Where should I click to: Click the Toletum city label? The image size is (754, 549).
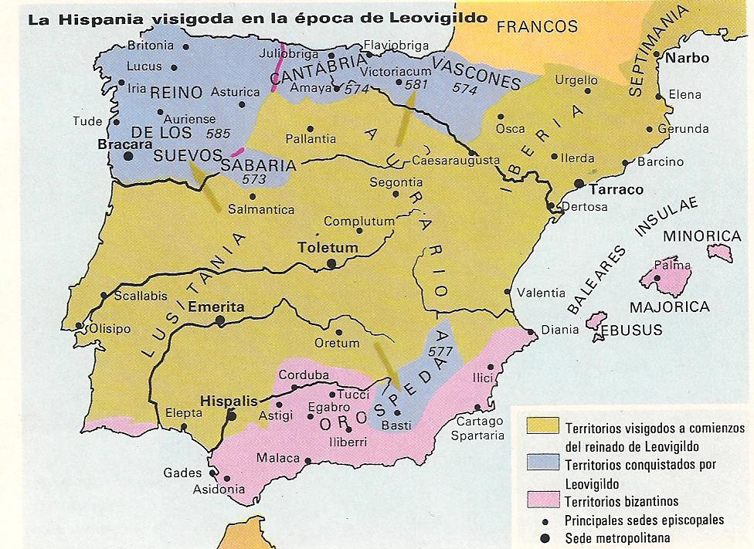328,249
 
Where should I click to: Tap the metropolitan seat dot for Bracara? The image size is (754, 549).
128,155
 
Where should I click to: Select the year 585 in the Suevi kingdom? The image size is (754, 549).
219,133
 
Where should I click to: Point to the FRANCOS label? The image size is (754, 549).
537,27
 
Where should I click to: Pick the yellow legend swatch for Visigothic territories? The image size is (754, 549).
543,426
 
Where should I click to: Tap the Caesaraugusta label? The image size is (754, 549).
451,162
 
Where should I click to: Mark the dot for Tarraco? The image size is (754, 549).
579,183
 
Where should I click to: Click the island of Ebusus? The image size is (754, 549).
596,320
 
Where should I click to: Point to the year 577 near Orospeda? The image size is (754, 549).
441,351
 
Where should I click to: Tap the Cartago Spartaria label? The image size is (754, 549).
480,428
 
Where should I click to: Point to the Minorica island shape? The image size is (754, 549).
720,252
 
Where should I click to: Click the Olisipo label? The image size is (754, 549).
110,328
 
